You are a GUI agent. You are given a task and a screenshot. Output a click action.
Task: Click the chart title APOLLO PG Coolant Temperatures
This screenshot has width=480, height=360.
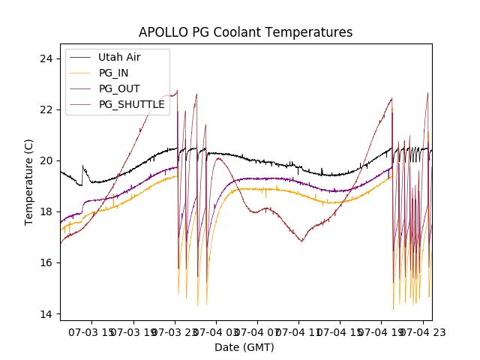(245, 32)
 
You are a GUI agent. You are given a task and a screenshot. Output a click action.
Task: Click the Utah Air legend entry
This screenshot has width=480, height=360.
(118, 57)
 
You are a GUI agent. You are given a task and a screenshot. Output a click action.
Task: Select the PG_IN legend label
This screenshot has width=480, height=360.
(113, 73)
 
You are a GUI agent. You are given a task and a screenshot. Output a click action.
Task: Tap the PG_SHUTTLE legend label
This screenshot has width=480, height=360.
(131, 104)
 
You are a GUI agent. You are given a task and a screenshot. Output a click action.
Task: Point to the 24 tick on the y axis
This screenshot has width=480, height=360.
(46, 58)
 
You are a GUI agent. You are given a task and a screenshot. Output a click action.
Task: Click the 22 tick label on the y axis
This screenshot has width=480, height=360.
(46, 109)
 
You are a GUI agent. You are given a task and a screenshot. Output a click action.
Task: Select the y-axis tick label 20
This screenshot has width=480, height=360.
(46, 160)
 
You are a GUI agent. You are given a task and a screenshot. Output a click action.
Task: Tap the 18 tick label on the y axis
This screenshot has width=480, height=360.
(46, 211)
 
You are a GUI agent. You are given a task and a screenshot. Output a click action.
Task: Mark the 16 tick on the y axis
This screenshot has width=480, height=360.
(46, 262)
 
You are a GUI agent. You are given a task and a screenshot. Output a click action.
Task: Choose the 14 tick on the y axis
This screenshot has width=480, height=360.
(46, 313)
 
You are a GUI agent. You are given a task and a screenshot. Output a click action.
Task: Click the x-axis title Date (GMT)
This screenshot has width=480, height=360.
(244, 347)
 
